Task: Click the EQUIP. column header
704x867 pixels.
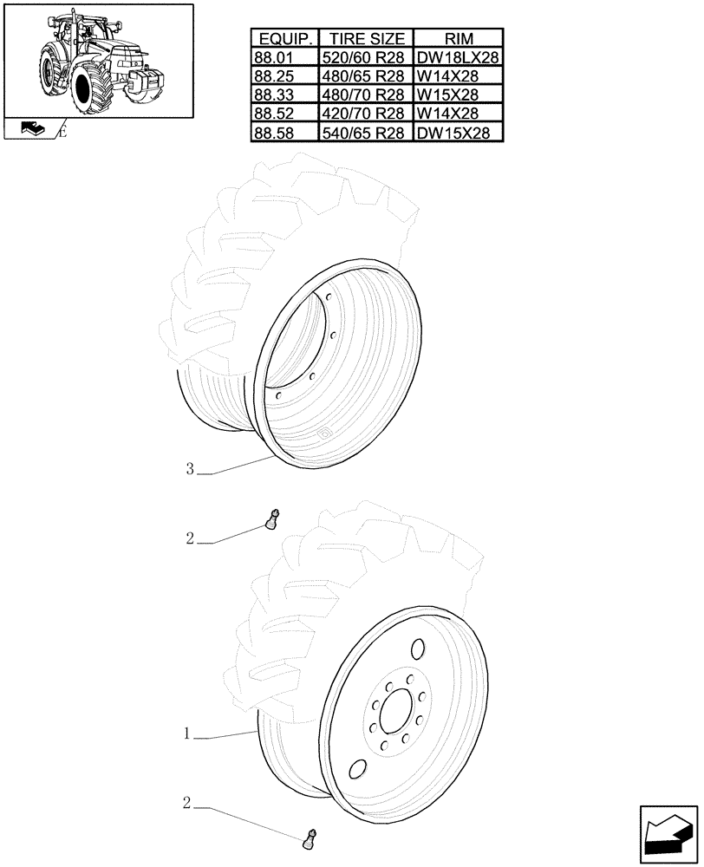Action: [x=284, y=38]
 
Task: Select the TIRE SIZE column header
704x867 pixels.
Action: [x=367, y=38]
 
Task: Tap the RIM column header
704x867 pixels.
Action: [x=459, y=38]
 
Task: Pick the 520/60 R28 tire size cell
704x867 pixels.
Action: [x=367, y=57]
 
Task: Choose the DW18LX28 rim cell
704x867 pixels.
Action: [x=459, y=57]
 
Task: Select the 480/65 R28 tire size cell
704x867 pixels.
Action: [x=367, y=76]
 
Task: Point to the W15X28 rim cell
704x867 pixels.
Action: [x=459, y=95]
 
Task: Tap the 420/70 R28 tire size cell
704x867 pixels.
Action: [x=367, y=114]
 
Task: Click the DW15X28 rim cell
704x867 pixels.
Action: [x=459, y=133]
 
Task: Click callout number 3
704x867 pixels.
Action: [x=189, y=469]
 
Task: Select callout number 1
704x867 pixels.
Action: [x=187, y=733]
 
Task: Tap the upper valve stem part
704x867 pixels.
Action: [x=271, y=520]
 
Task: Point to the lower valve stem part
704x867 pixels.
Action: [x=309, y=838]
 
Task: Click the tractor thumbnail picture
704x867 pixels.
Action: [x=98, y=61]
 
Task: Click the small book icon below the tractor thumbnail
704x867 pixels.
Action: [x=31, y=129]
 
